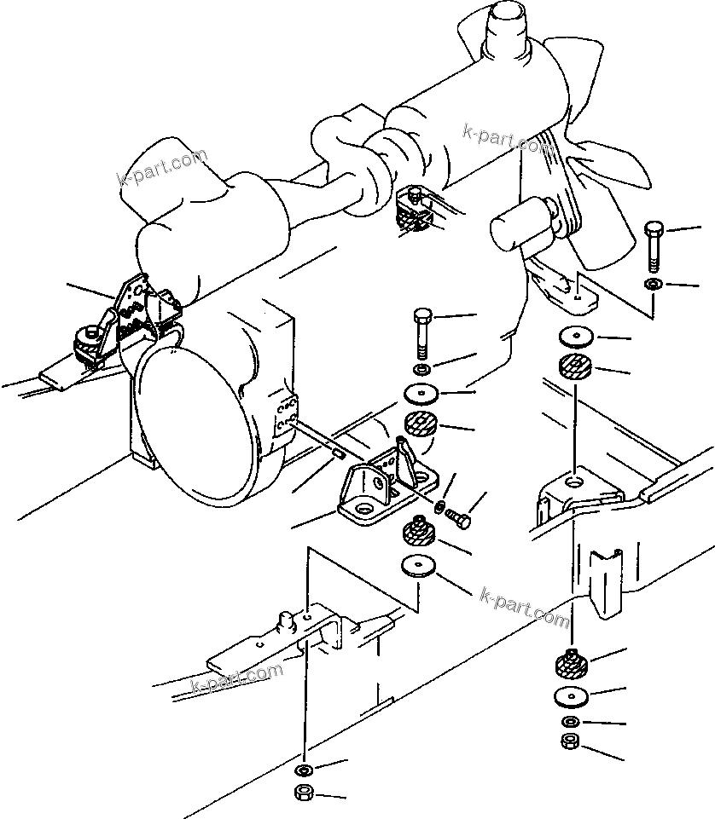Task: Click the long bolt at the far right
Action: pos(654,246)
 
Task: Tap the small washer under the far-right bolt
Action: pos(654,285)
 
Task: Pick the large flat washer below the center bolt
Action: pos(421,394)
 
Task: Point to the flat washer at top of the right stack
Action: pos(576,336)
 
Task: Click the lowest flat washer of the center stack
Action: pos(418,567)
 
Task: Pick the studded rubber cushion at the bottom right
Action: pos(571,663)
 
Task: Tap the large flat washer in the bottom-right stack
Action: pos(571,697)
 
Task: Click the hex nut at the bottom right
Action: pos(570,741)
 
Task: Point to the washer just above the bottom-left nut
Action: pos(304,770)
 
